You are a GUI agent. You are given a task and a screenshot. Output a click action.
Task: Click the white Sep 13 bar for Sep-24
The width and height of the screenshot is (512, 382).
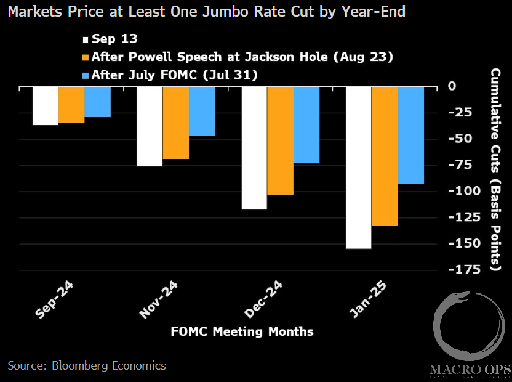pos(46,106)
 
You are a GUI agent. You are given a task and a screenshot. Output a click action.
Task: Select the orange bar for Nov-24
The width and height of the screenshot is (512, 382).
pos(176,123)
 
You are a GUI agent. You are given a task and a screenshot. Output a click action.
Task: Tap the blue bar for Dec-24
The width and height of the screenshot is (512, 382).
pos(306,124)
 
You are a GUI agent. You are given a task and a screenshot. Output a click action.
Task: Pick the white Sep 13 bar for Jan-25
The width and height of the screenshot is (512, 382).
pos(359,168)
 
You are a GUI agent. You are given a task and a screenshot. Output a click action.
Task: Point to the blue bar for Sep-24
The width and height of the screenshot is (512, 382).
pos(97,102)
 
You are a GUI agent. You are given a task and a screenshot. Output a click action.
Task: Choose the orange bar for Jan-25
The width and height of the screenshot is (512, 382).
pos(385,156)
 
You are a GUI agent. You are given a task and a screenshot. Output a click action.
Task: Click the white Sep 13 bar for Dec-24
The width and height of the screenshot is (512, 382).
pos(254,148)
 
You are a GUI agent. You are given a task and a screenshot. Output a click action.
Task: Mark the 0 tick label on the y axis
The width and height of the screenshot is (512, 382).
pos(452,86)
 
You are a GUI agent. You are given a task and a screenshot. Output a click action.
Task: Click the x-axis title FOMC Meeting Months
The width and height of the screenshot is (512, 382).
pos(242,331)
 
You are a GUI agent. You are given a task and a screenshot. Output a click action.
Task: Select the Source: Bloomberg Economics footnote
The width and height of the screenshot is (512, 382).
pos(87,365)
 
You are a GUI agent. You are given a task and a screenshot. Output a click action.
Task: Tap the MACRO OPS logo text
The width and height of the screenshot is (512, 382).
pos(470,370)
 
